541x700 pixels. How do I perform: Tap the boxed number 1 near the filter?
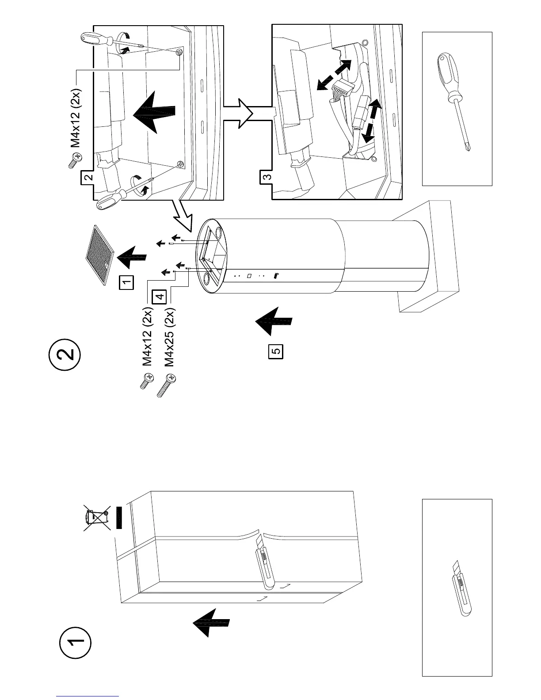[x=127, y=282]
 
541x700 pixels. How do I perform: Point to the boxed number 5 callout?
[x=276, y=352]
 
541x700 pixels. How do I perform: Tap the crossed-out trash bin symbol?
[x=97, y=518]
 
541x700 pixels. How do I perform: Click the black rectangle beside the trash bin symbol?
[x=118, y=517]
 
